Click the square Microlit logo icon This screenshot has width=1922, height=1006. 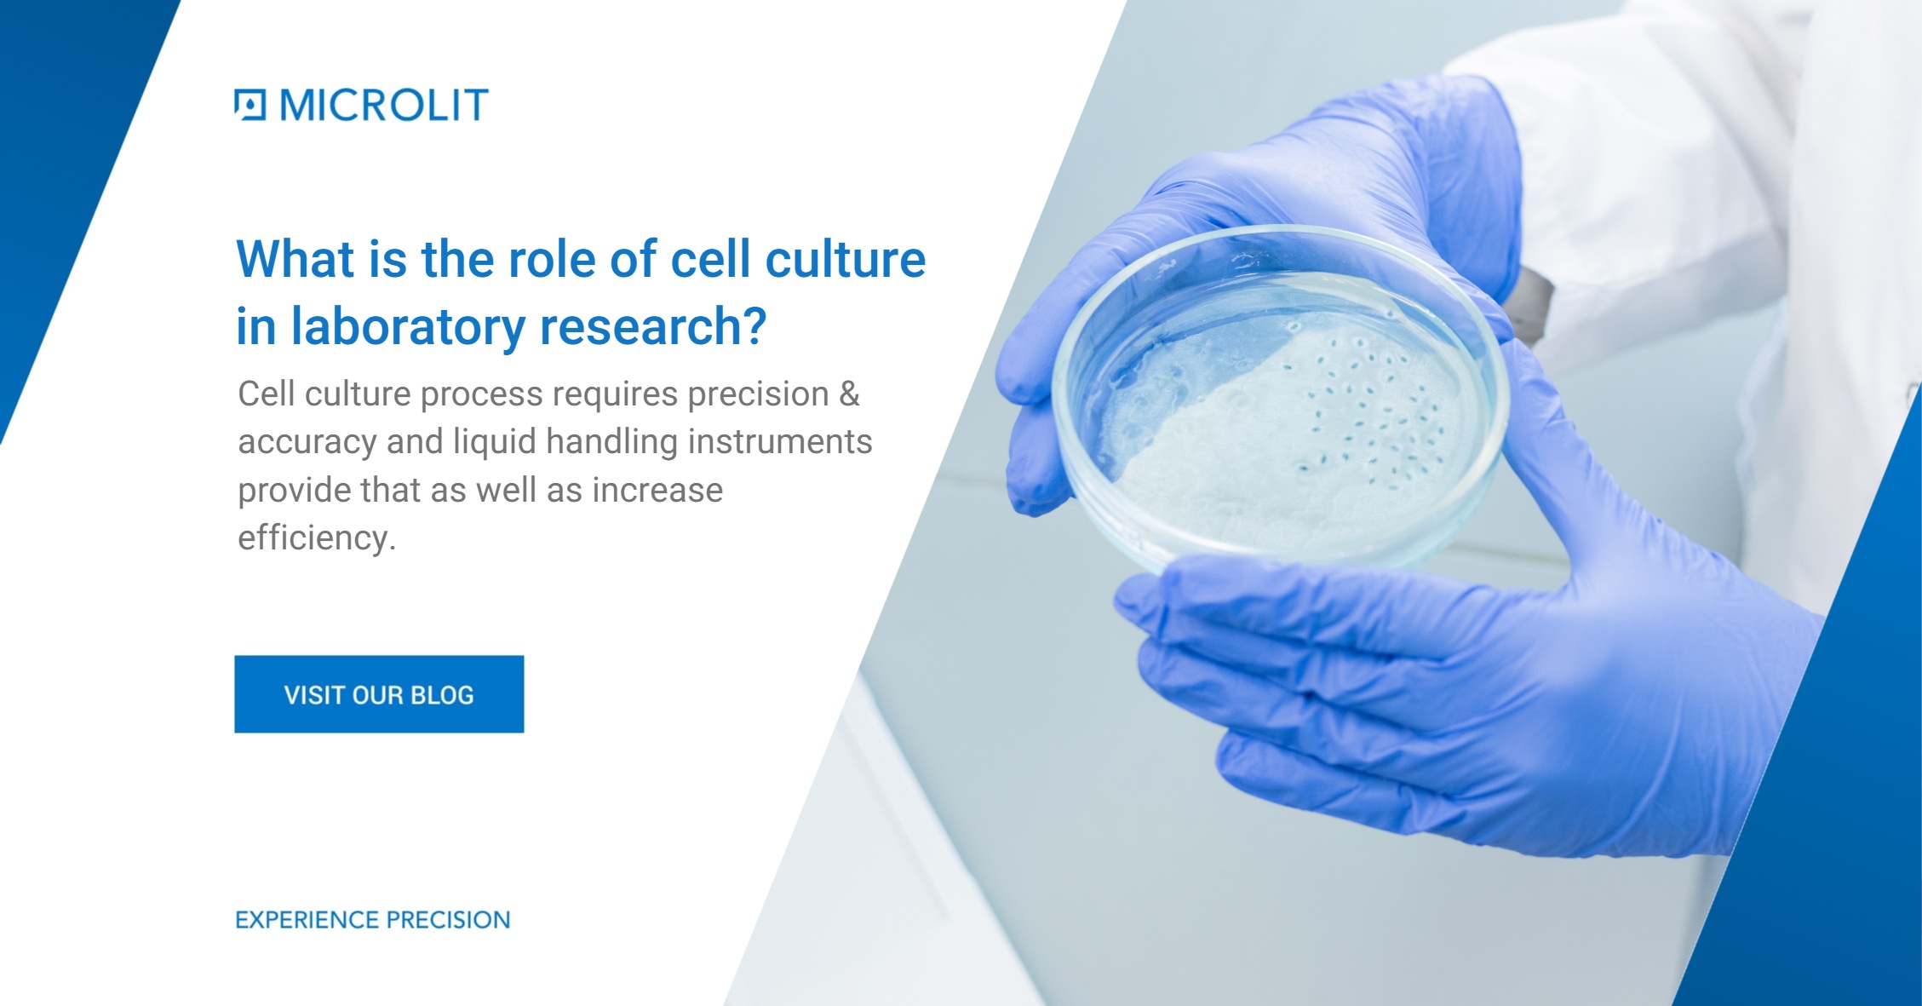click(x=250, y=105)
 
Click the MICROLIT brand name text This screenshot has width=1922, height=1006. click(x=384, y=105)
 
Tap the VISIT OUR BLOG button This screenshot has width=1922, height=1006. click(x=379, y=694)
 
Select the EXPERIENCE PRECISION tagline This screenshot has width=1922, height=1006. click(x=373, y=920)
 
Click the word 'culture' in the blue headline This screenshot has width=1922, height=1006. click(x=845, y=259)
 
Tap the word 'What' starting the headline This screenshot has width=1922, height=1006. click(x=295, y=259)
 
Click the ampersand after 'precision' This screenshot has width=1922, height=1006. click(x=849, y=394)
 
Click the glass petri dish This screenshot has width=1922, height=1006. click(x=1277, y=400)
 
